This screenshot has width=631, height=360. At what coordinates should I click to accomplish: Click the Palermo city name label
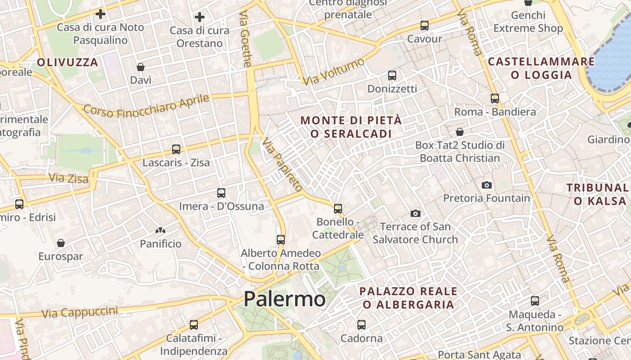[x=284, y=299]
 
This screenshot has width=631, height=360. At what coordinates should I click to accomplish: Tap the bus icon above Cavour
[x=425, y=26]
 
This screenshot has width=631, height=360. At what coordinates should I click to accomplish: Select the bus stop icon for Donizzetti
[x=392, y=75]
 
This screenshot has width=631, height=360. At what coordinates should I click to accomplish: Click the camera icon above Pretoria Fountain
[x=486, y=185]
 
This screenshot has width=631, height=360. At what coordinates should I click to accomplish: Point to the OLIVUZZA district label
[x=68, y=63]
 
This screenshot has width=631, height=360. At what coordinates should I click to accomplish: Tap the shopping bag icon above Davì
[x=141, y=67]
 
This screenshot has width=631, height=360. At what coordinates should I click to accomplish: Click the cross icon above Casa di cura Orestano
[x=200, y=17]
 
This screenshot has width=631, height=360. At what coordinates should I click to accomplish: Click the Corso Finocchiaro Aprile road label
[x=147, y=106]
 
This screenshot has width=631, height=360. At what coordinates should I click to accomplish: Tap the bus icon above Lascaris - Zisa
[x=176, y=149]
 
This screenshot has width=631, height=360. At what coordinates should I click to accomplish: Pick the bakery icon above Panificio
[x=160, y=230]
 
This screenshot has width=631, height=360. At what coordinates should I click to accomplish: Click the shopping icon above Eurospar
[x=61, y=243]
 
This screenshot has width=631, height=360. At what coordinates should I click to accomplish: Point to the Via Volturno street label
[x=334, y=72]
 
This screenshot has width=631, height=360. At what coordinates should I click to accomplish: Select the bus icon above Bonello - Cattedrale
[x=338, y=208]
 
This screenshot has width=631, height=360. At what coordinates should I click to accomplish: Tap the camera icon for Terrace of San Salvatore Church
[x=416, y=213]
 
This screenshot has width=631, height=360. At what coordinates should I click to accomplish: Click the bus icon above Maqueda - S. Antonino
[x=535, y=301]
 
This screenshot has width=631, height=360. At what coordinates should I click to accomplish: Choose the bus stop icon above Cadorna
[x=361, y=324]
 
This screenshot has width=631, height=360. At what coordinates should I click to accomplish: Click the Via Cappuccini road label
[x=80, y=311]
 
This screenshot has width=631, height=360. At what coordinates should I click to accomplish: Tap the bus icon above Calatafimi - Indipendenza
[x=194, y=324]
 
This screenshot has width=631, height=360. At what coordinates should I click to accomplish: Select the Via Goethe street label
[x=245, y=39]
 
